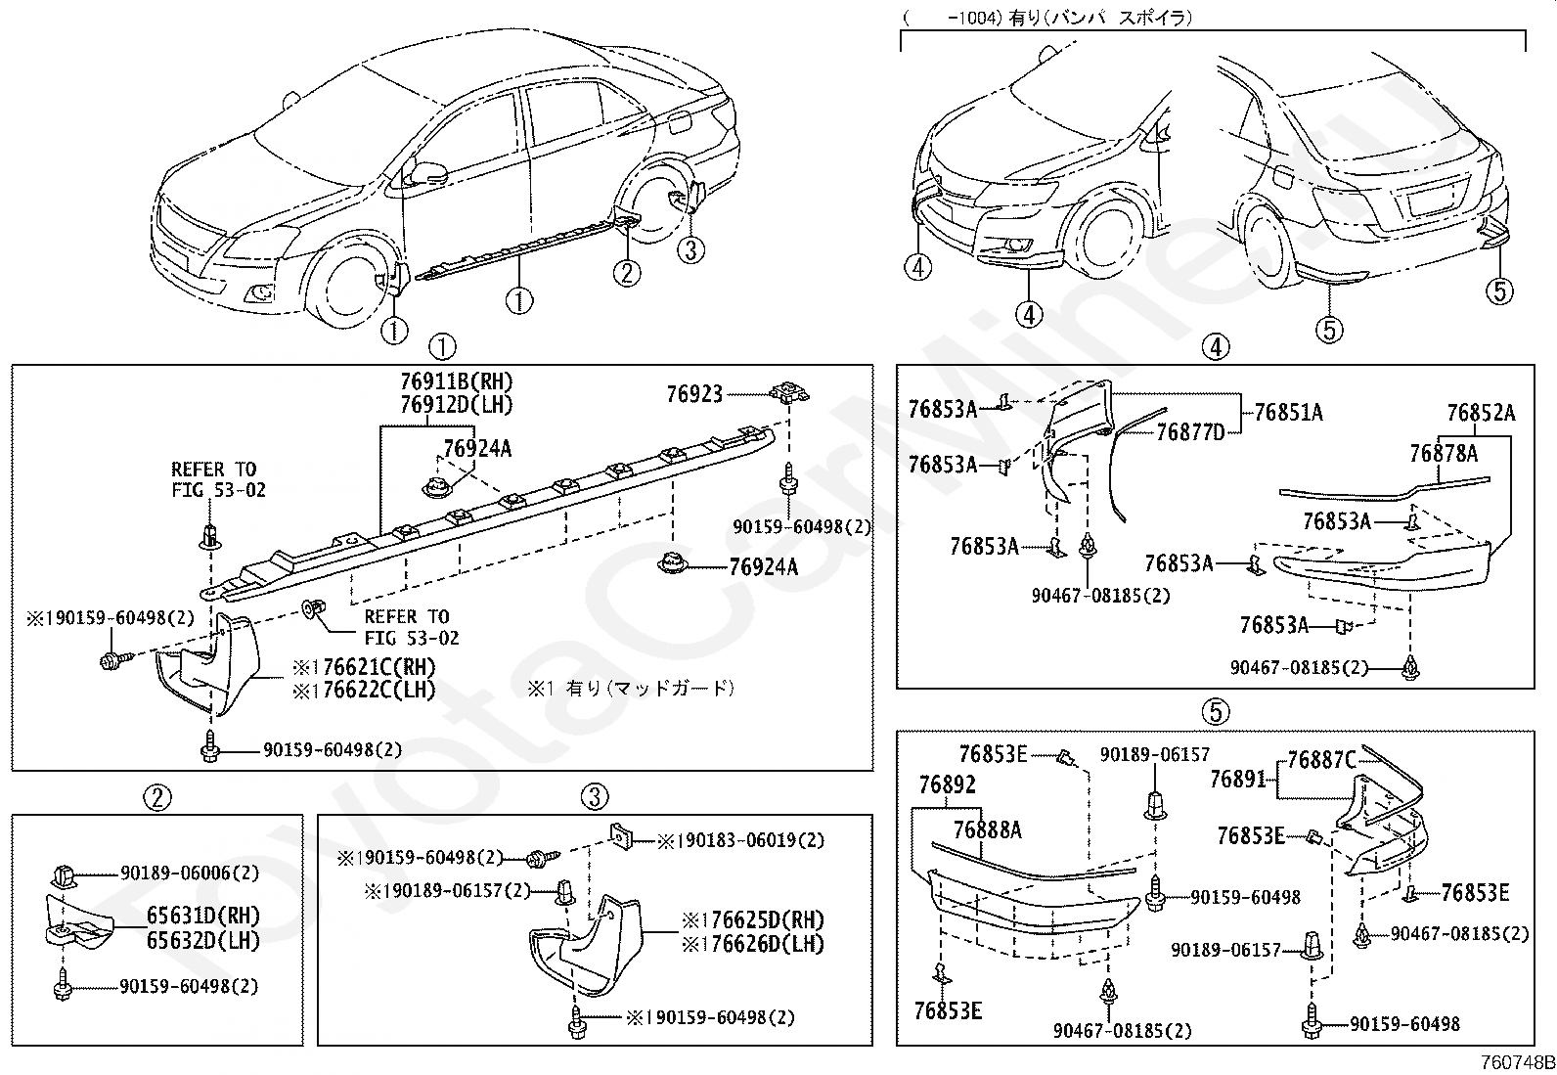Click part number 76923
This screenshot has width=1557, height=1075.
tap(694, 394)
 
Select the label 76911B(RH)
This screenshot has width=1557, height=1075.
tap(457, 381)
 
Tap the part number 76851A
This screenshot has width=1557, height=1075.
tap(1289, 413)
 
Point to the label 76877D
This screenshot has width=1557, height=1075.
tap(1190, 432)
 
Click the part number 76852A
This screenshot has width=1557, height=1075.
tap(1482, 413)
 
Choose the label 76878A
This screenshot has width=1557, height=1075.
tap(1444, 453)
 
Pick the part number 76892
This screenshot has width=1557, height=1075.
tap(948, 785)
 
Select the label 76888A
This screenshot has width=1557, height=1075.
tap(988, 829)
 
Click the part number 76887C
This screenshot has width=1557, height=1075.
tap(1321, 760)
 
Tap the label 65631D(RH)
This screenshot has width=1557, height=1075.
tap(203, 916)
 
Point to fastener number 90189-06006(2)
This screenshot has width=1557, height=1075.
tap(190, 873)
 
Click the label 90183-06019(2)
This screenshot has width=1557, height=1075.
tap(750, 840)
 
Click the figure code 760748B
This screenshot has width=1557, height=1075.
tap(1518, 1063)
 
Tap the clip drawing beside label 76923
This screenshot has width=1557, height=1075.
tap(789, 393)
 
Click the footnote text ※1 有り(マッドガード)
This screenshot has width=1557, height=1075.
tap(631, 689)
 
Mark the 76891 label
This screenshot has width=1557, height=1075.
tap(1237, 780)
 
